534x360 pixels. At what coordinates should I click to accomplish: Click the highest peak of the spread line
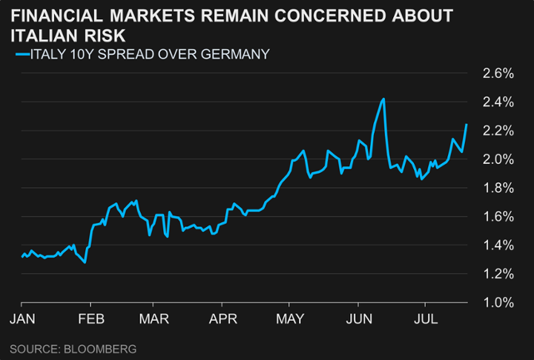point(383,99)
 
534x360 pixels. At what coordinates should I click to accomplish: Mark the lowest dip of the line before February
point(85,262)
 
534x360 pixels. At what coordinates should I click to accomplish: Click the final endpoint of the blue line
point(467,124)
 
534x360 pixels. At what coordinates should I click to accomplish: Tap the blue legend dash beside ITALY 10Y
point(20,53)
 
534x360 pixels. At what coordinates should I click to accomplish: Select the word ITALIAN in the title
point(53,34)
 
